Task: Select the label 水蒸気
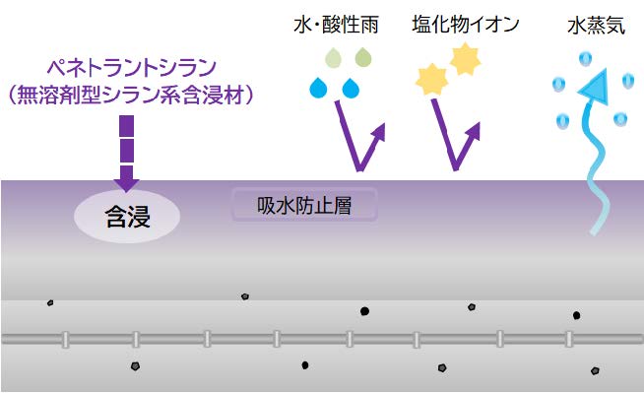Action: coord(590,23)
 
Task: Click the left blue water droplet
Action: coord(317,88)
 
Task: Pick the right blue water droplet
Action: coord(351,90)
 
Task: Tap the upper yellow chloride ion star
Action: coord(464,60)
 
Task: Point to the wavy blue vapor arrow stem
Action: coord(598,177)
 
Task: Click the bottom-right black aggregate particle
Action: coord(595,370)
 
